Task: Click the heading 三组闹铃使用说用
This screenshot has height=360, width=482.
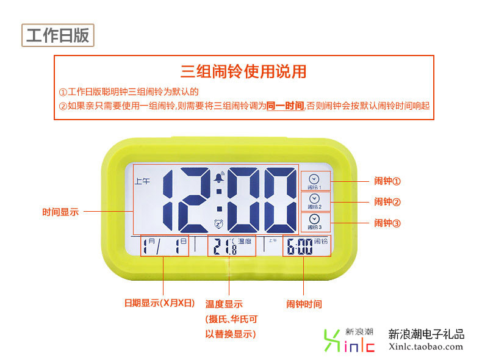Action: click(243, 72)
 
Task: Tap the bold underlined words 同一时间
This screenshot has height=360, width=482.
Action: click(286, 106)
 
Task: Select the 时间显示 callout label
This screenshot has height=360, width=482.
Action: click(60, 212)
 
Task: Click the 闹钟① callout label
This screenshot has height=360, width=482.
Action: click(387, 181)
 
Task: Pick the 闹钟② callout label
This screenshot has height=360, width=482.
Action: click(387, 202)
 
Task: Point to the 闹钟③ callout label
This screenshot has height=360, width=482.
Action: click(387, 223)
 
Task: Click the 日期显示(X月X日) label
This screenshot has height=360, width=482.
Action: click(159, 303)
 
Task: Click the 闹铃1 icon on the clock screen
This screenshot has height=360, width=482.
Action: click(314, 181)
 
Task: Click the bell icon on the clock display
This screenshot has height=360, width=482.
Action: click(218, 178)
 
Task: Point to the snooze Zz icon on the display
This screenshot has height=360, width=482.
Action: click(218, 224)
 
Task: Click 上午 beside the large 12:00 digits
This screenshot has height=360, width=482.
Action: click(142, 181)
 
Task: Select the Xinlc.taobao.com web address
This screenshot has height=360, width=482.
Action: click(426, 347)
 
